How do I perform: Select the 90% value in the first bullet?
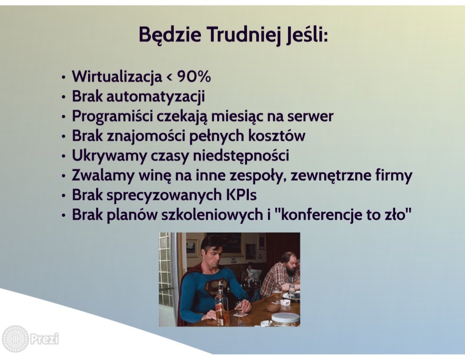click(x=194, y=77)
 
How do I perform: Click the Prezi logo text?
click(x=44, y=339)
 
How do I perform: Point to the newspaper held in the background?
click(x=255, y=274)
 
